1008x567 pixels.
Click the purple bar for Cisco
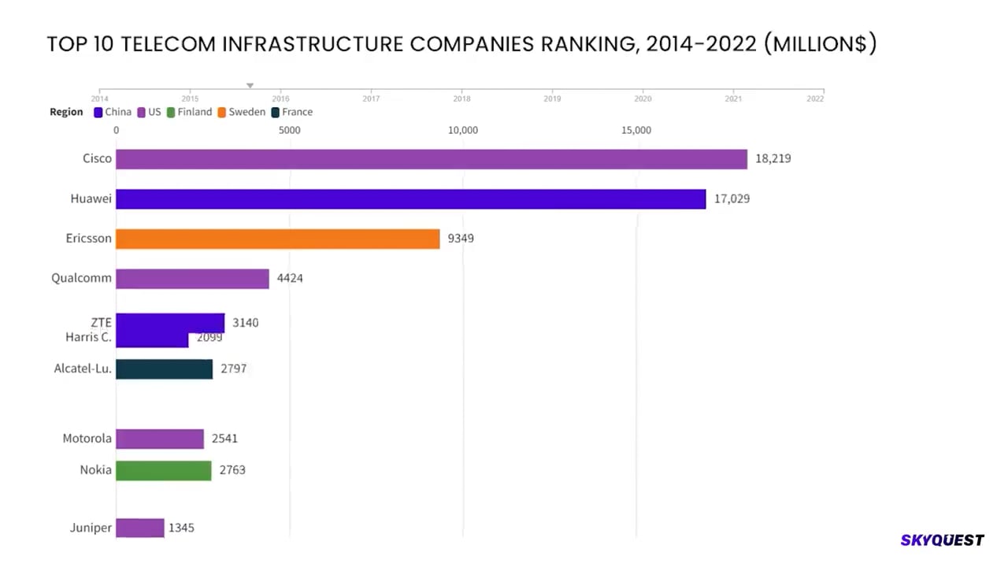[431, 159]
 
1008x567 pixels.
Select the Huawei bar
[410, 199]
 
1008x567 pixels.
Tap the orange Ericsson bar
[277, 239]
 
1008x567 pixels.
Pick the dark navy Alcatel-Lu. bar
[164, 369]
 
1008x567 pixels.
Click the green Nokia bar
[163, 470]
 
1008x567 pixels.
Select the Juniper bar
[139, 528]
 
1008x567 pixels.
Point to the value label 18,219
[773, 159]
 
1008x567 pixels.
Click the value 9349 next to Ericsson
[461, 239]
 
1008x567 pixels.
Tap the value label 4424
[290, 279]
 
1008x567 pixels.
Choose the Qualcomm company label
[81, 278]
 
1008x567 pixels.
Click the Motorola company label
[87, 439]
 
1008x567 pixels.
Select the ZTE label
[101, 322]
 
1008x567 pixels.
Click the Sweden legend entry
[241, 112]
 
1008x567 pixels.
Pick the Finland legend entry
[189, 112]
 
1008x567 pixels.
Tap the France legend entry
[291, 112]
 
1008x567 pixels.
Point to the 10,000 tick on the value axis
[463, 130]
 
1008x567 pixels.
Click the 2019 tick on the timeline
[552, 98]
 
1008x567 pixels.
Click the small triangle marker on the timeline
[250, 86]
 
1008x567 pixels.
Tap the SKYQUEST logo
[942, 540]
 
